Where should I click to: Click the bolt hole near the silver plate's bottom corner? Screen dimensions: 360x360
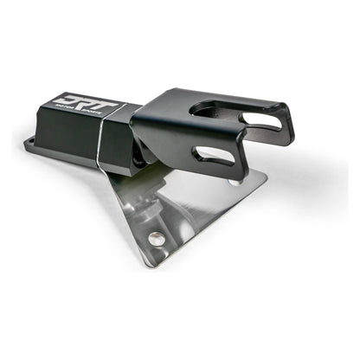155,237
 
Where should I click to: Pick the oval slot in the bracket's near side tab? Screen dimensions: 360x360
213,157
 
